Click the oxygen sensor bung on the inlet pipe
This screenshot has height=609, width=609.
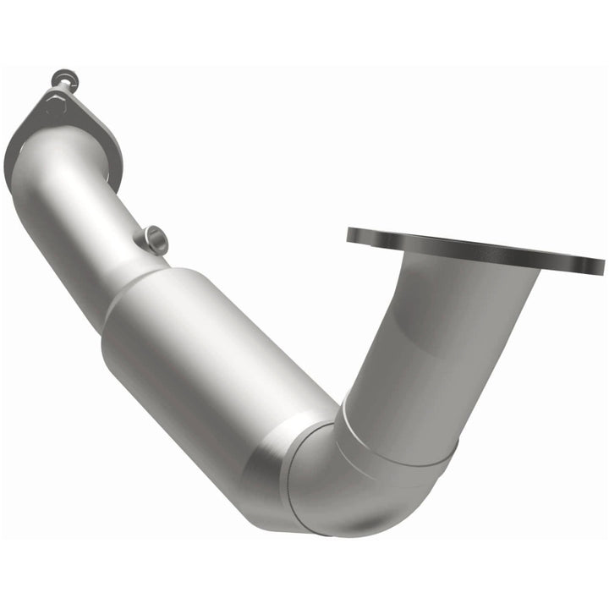[x=155, y=239]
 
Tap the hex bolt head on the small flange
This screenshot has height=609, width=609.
[x=53, y=108]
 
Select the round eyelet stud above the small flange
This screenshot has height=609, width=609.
[x=64, y=81]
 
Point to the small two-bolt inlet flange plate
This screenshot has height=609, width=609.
[x=80, y=127]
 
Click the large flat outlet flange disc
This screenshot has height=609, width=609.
[x=474, y=250]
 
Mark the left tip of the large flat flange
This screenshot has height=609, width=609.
[x=349, y=235]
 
